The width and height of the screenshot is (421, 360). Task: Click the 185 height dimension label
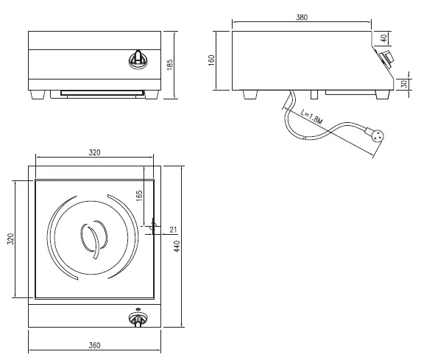171,65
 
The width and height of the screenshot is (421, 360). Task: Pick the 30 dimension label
403,84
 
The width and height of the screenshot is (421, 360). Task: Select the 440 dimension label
177,245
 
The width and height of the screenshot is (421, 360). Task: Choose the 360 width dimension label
94,344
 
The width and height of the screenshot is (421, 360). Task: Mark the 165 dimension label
139,199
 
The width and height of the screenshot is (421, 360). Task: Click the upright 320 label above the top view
94,152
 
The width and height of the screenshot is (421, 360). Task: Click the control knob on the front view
137,58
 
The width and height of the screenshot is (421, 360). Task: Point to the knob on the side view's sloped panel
385,59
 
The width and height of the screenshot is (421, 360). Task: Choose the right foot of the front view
152,94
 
